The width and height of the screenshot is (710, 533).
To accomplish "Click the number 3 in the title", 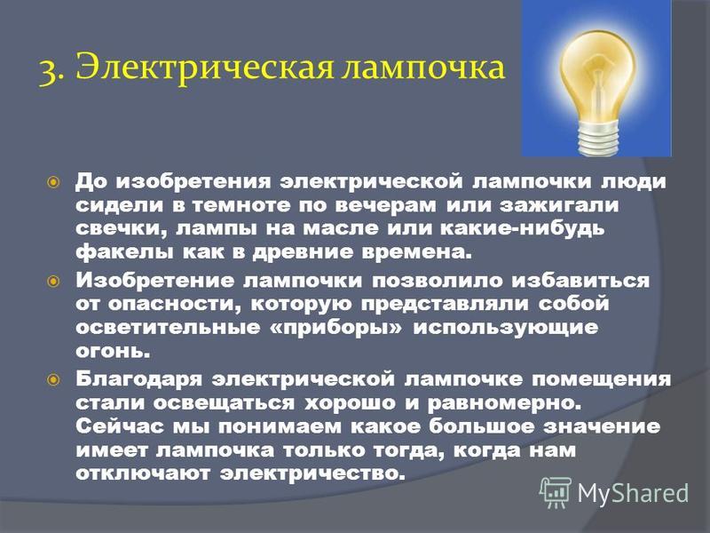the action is [x=48, y=71].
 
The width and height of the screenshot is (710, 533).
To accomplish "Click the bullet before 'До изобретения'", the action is [x=53, y=183].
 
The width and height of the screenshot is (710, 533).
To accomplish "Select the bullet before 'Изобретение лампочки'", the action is [x=53, y=282].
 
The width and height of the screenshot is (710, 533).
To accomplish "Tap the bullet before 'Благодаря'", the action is [x=53, y=379].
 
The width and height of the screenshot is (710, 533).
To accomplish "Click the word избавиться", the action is [x=581, y=281].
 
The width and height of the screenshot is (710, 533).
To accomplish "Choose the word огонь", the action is [x=113, y=351].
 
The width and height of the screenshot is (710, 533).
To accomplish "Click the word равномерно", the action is [x=504, y=403].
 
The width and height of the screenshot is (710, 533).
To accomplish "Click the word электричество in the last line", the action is [x=312, y=473].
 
